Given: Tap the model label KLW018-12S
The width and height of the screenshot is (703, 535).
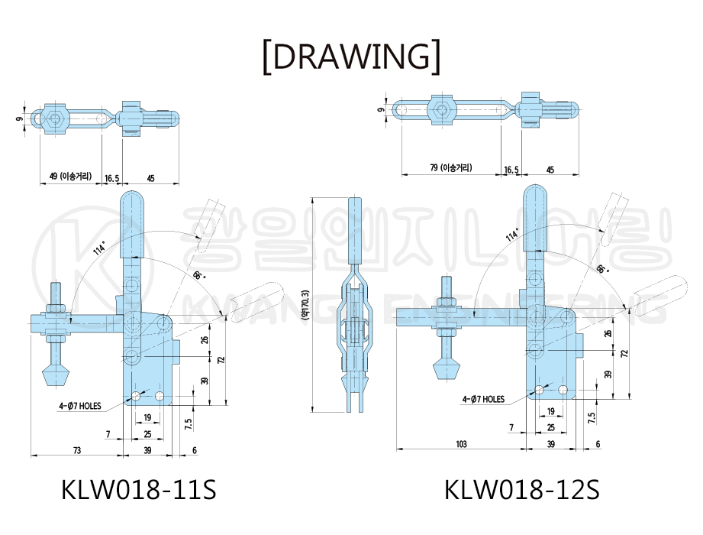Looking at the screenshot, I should tap(522, 489).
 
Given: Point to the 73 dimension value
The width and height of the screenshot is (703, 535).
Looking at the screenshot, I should tap(76, 451).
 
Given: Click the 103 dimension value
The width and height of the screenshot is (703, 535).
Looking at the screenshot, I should tap(460, 443).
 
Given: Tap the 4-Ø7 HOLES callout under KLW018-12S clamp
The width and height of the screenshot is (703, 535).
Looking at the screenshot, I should tap(483, 399).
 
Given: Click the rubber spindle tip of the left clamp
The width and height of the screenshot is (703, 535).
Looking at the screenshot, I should tap(56, 374).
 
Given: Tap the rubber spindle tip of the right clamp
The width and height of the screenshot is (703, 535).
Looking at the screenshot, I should tap(447, 369).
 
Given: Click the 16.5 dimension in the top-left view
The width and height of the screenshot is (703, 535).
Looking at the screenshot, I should tap(112, 177).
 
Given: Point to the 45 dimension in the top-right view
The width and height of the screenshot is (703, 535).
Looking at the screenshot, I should tap(550, 168).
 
